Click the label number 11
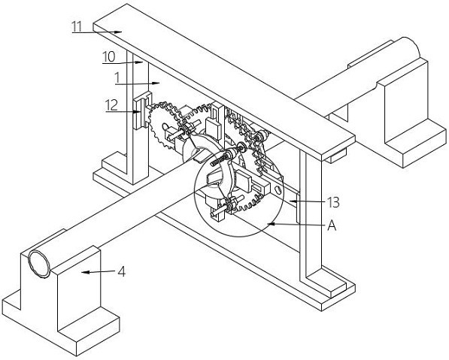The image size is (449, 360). pyautogui.click(x=77, y=26)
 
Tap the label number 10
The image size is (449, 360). pyautogui.click(x=109, y=56)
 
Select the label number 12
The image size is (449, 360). pyautogui.click(x=111, y=105)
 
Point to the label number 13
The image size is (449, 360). pyautogui.click(x=333, y=203)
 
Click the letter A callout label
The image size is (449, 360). pyautogui.click(x=332, y=225)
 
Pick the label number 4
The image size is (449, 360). pyautogui.click(x=122, y=271)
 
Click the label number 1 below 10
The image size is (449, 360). pyautogui.click(x=117, y=78)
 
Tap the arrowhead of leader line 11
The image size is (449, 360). pyautogui.click(x=118, y=32)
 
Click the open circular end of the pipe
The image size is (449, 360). pyautogui.click(x=39, y=264)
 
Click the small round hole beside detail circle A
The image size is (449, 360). pyautogui.click(x=277, y=189)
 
